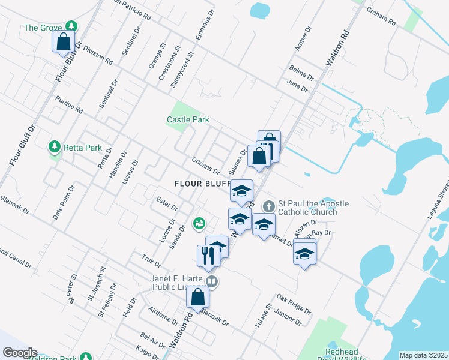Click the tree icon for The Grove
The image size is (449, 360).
71,27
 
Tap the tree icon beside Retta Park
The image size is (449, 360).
54,147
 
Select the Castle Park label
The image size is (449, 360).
188,120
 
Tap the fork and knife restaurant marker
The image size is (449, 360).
205,255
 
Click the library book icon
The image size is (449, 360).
211,281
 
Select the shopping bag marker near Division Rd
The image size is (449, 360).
62,42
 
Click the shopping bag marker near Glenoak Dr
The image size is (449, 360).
197,297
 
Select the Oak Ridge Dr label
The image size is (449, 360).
294,304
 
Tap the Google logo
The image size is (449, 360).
19,353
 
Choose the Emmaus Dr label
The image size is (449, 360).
205,25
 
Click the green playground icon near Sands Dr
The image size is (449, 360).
199,223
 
